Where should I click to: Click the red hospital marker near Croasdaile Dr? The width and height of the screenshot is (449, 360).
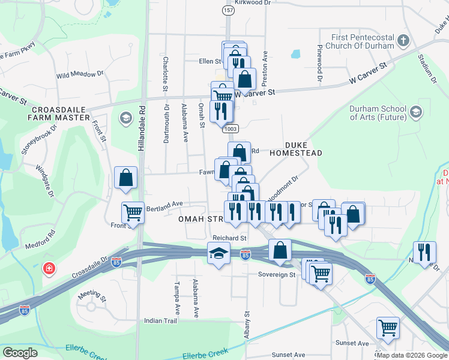(47, 268)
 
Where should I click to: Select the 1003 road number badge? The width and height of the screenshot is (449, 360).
(230, 128)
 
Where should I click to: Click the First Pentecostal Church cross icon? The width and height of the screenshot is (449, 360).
(403, 41)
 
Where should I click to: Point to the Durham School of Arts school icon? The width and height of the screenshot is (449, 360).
(415, 112)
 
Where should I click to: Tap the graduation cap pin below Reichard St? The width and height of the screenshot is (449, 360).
(219, 253)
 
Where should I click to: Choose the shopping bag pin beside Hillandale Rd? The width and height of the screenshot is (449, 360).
(125, 178)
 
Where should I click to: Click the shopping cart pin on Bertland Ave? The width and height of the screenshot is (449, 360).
(133, 212)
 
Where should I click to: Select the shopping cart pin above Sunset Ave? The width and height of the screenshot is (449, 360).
(388, 328)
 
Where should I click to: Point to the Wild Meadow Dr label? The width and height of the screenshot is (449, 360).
(80, 74)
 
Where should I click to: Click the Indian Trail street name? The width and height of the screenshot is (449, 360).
(161, 321)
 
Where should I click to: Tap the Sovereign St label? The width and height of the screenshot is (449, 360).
(277, 275)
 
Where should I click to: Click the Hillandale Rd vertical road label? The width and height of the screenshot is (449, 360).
(142, 128)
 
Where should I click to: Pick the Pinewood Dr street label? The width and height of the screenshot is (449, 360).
(320, 64)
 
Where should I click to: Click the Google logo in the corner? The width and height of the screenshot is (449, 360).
(20, 353)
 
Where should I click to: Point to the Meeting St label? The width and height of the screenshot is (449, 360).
(92, 296)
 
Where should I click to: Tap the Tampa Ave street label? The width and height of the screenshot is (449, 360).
(177, 298)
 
